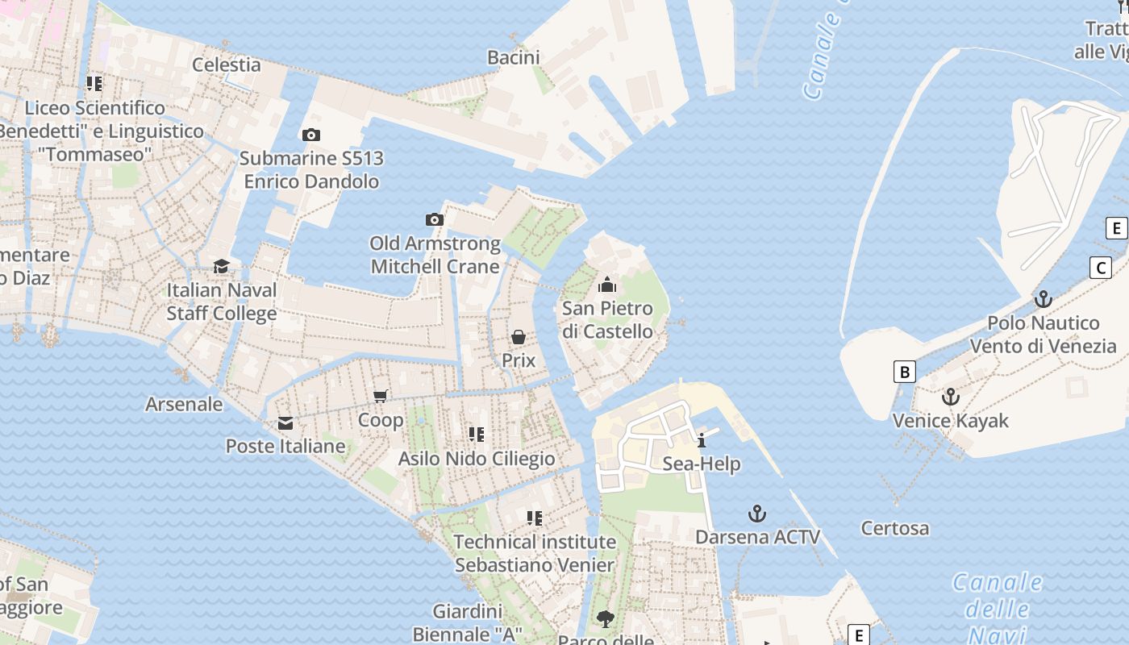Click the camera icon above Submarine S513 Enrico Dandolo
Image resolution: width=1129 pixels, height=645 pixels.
310,135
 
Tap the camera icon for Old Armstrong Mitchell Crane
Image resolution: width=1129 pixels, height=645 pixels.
435,220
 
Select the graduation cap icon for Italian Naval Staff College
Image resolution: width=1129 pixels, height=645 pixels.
221,267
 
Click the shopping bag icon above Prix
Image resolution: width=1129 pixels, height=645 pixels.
519,337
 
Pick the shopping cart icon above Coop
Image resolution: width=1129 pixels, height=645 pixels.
381,396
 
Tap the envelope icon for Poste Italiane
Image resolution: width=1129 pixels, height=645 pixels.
285,423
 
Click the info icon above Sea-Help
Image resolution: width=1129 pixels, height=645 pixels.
702,440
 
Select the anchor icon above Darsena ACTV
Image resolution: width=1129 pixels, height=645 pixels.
756,514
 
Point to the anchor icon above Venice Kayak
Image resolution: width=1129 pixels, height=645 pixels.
951,397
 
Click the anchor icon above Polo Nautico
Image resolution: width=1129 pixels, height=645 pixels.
1044,299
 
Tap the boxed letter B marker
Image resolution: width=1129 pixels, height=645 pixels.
905,372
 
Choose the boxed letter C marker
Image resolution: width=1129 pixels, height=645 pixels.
1101,268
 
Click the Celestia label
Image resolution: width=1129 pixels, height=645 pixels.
227,65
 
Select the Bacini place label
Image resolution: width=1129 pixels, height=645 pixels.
514,57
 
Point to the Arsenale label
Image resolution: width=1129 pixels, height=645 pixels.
184,404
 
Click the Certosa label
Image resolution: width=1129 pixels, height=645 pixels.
895,529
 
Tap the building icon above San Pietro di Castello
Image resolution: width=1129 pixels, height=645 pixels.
607,285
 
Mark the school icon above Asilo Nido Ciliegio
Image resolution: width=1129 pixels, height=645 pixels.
477,435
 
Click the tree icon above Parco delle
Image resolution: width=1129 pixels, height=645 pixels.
605,619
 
